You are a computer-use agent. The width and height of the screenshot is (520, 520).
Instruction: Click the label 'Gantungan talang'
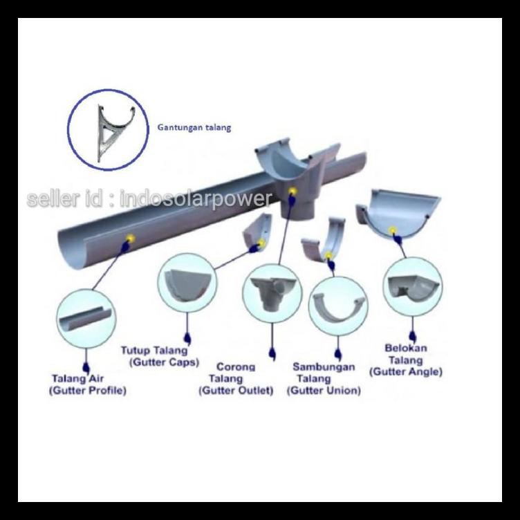(x=194, y=127)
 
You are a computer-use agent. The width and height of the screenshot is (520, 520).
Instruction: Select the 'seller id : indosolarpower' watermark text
(x=149, y=199)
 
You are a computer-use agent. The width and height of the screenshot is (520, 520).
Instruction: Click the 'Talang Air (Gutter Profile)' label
(x=87, y=384)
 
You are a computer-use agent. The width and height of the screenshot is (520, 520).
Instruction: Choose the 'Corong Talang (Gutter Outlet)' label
(x=236, y=379)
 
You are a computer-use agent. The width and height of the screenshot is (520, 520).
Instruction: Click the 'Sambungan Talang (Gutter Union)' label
(x=324, y=379)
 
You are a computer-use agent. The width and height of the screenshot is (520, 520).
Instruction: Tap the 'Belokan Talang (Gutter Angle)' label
(x=406, y=360)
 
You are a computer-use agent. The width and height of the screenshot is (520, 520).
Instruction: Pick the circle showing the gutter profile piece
(x=85, y=319)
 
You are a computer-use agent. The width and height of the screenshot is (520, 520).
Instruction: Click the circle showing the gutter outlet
(x=272, y=290)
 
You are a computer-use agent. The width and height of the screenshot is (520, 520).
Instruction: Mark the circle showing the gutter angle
(x=413, y=286)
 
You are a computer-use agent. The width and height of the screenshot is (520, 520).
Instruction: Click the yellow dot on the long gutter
(x=129, y=239)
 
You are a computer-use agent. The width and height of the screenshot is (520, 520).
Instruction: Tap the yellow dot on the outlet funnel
(x=292, y=191)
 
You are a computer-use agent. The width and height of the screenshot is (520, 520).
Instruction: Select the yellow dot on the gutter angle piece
(x=393, y=230)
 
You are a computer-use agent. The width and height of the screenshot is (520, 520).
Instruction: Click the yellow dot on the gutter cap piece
(x=261, y=243)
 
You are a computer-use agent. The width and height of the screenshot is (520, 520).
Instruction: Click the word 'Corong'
(x=236, y=366)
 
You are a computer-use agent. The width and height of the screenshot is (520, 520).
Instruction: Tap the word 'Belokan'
(x=406, y=348)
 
